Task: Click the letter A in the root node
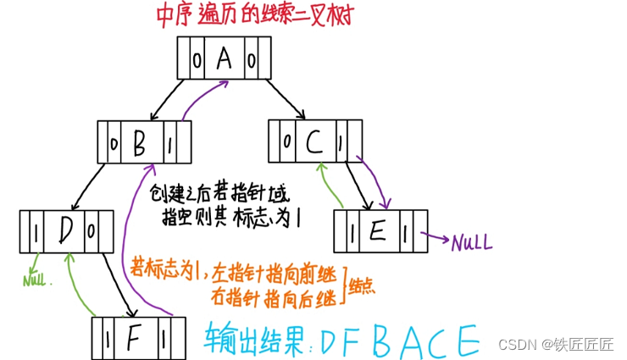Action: [223, 58]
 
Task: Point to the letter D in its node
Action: [65, 230]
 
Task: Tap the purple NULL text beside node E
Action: [471, 244]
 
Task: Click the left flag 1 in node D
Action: [34, 230]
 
